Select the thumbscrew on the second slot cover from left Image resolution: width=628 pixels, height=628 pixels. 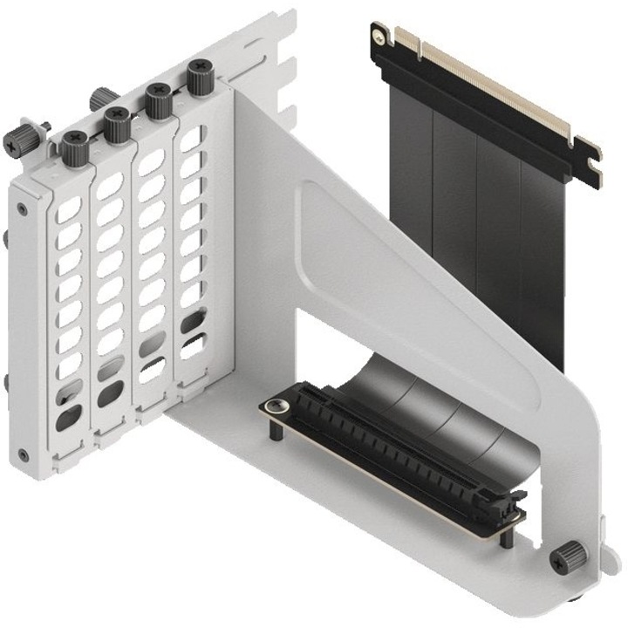(117, 123)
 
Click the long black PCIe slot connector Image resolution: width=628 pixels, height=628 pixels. (392, 446)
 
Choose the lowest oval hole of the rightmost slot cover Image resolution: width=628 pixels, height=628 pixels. (193, 345)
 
